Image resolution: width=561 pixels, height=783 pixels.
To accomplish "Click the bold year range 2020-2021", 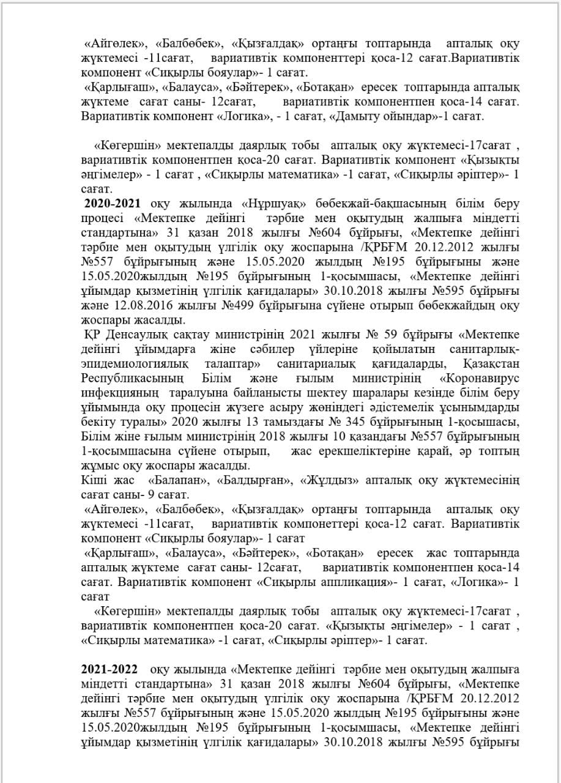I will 112,203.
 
